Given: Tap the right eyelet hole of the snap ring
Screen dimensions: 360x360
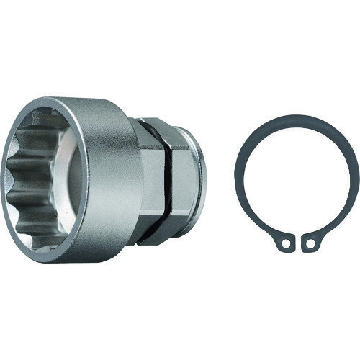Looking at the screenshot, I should [310, 244].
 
